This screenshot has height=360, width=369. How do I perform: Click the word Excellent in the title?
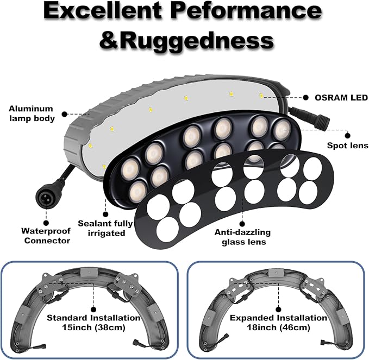(103, 12)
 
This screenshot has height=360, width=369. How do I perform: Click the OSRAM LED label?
(341, 98)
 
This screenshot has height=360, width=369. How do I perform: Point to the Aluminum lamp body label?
(32, 113)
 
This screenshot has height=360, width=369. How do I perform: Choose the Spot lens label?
(348, 146)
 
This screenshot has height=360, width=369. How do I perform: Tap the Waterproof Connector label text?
(46, 236)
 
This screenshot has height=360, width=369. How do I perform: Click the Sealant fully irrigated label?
(105, 228)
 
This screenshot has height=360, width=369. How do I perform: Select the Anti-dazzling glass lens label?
(242, 237)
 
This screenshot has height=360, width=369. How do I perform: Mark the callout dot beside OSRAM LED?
(305, 98)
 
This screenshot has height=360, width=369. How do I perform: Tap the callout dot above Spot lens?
(348, 135)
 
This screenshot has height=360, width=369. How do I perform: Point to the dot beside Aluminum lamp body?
(65, 114)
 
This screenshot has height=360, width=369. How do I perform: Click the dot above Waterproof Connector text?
(46, 223)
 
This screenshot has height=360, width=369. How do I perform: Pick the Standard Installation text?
(93, 318)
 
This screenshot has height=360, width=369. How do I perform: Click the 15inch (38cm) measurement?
(93, 327)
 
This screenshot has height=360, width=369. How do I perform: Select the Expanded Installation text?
(278, 318)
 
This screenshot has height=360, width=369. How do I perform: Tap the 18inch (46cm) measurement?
(278, 327)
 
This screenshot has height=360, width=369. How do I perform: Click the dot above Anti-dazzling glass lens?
(242, 224)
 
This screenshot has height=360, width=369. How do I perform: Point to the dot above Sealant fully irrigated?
(105, 214)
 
